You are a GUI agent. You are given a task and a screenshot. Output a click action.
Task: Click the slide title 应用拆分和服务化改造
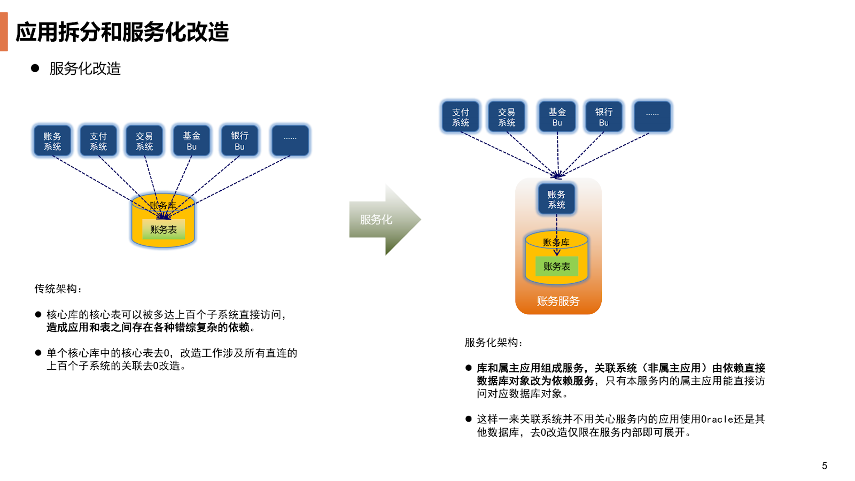(x=122, y=32)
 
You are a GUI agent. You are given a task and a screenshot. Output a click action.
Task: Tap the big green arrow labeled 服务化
(x=383, y=220)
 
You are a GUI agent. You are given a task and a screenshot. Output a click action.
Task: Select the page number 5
(x=825, y=466)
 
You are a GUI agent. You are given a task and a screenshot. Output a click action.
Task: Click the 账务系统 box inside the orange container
(x=556, y=199)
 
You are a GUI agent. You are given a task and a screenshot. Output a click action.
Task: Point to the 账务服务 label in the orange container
(x=558, y=301)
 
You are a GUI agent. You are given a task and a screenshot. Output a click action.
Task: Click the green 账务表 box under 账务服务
(x=556, y=266)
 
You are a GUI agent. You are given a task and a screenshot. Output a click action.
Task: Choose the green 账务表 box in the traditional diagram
(x=163, y=229)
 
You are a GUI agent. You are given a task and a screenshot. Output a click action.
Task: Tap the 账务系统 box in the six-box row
(x=52, y=141)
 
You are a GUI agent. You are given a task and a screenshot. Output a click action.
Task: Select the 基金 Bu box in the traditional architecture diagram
(x=191, y=141)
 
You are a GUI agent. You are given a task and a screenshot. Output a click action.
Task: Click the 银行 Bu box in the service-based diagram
(x=604, y=117)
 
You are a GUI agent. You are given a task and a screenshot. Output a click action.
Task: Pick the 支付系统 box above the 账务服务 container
(x=461, y=117)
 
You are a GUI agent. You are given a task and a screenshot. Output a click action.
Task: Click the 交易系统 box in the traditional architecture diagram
(x=144, y=141)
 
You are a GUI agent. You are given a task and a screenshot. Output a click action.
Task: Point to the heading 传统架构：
(x=58, y=289)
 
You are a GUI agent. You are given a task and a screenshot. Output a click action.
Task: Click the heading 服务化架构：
(x=493, y=343)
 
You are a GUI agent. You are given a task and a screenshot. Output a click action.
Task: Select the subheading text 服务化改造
(x=85, y=68)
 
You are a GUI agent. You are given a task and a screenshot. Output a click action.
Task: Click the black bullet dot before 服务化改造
(x=35, y=68)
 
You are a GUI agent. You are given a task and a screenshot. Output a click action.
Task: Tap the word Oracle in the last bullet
(x=717, y=420)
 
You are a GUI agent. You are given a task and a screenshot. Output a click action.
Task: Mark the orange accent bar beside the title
(x=4, y=32)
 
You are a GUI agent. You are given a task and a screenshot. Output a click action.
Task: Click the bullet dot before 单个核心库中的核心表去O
(x=38, y=353)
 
